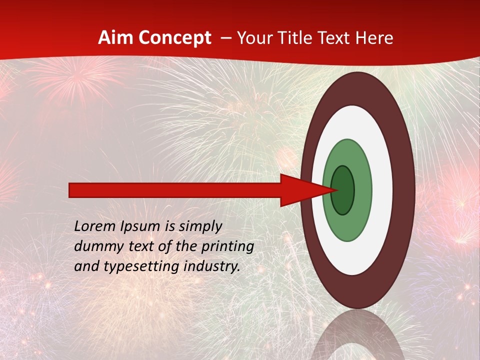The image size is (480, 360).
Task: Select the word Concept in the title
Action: pyautogui.click(x=174, y=38)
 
